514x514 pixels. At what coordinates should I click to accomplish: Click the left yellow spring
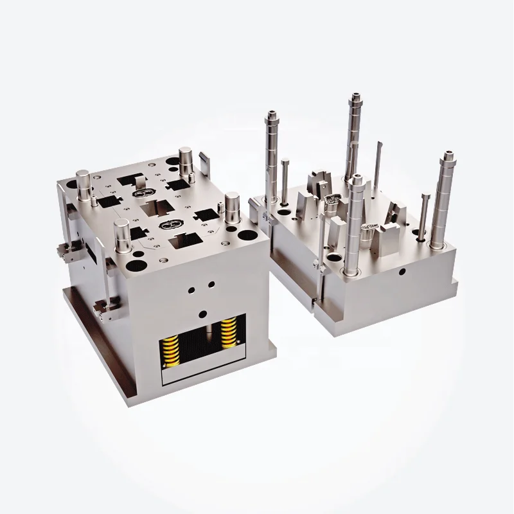tap(172, 342)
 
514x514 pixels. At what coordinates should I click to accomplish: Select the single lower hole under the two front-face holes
tap(203, 314)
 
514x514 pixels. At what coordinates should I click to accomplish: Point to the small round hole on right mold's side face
tap(402, 272)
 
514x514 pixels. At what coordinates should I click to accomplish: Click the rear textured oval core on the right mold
tap(332, 200)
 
